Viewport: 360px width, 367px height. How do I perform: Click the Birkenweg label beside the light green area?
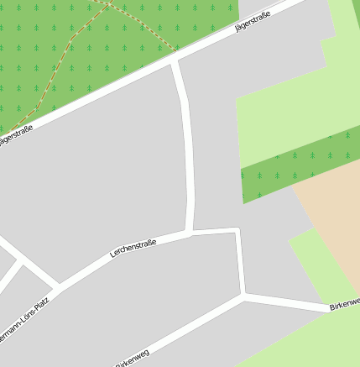[343, 303]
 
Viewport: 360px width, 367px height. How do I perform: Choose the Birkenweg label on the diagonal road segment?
[132, 358]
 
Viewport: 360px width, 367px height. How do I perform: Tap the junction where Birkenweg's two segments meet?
[243, 296]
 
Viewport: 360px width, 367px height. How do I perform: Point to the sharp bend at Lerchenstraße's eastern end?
[237, 229]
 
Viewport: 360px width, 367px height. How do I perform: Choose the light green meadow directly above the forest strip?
[285, 118]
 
